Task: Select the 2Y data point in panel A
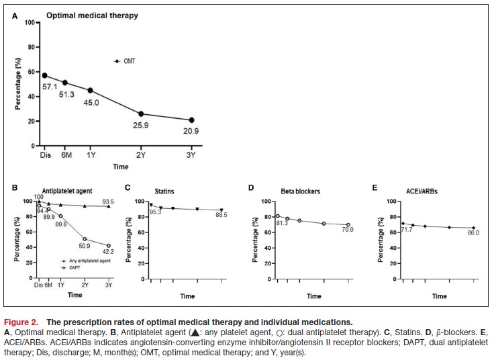click(x=141, y=114)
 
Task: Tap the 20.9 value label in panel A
click(x=191, y=131)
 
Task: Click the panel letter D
click(x=250, y=186)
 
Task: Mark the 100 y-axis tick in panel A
click(x=30, y=22)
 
